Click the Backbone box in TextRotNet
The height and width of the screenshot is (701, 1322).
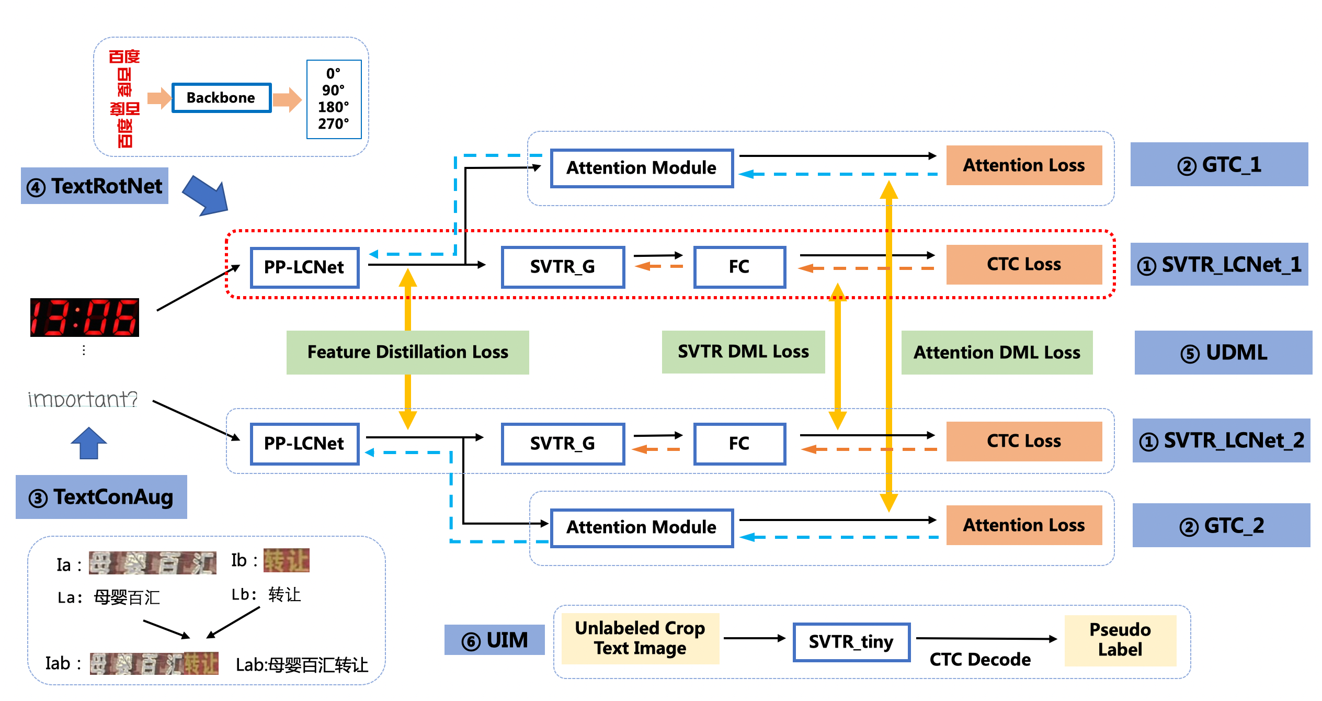pyautogui.click(x=221, y=98)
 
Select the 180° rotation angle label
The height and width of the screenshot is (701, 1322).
pyautogui.click(x=333, y=107)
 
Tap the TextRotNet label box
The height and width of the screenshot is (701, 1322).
pyautogui.click(x=95, y=186)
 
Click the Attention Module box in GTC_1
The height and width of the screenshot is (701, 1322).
pyautogui.click(x=642, y=168)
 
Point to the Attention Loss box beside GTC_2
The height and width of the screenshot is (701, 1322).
pyautogui.click(x=1023, y=525)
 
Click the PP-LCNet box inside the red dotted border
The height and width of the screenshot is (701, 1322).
pyautogui.click(x=304, y=267)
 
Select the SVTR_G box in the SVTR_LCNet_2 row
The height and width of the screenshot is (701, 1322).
pyautogui.click(x=563, y=444)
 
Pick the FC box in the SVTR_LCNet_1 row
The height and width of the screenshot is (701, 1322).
pyautogui.click(x=739, y=267)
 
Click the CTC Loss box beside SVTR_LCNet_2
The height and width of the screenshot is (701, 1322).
pyautogui.click(x=1023, y=441)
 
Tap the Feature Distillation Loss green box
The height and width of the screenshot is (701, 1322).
pyautogui.click(x=407, y=352)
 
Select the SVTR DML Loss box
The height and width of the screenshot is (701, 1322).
pyautogui.click(x=743, y=352)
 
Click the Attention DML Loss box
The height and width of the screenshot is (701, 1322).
pyautogui.click(x=997, y=353)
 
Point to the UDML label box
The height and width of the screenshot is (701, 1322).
pyautogui.click(x=1223, y=353)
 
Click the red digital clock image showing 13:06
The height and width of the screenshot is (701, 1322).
pyautogui.click(x=85, y=318)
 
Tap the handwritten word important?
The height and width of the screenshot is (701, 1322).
pyautogui.click(x=83, y=400)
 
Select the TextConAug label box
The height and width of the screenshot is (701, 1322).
pyautogui.click(x=101, y=497)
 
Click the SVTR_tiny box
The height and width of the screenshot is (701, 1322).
pyautogui.click(x=851, y=642)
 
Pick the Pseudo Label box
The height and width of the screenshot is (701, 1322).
pyautogui.click(x=1120, y=640)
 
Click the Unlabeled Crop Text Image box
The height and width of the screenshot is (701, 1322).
pyautogui.click(x=640, y=638)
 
